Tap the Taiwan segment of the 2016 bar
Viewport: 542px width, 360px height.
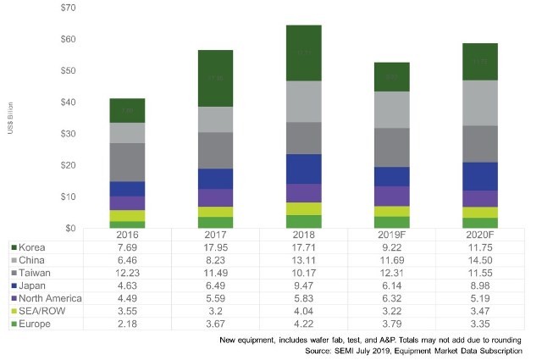[127, 162]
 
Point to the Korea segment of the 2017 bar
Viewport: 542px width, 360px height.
[215, 78]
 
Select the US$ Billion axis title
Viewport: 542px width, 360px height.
[33, 117]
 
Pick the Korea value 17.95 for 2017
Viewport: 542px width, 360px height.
[215, 246]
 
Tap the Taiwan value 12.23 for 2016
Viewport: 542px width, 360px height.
[127, 272]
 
